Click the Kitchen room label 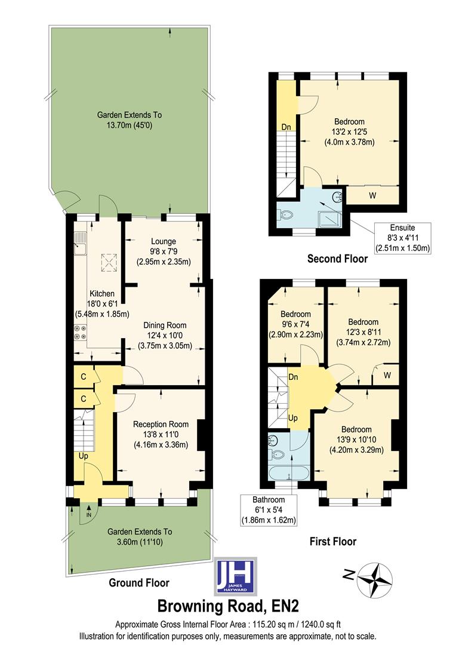101,293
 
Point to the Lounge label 163,241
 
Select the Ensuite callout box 402,238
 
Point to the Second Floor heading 337,259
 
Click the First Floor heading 332,542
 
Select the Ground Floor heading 140,583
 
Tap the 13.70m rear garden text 130,120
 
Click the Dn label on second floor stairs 286,127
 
